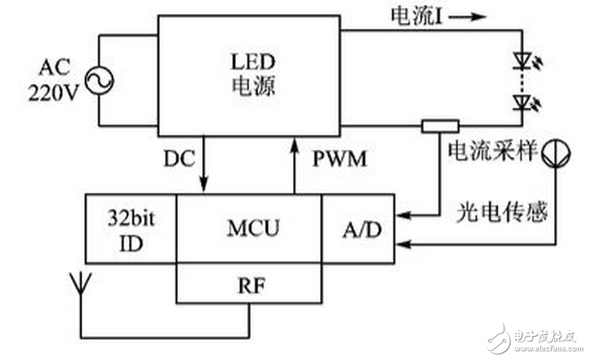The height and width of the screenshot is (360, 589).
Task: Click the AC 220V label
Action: (54, 81)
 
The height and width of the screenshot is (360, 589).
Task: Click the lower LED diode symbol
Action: (523, 105)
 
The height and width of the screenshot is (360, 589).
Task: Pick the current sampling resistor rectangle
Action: (439, 126)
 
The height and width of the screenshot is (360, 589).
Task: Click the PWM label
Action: (340, 160)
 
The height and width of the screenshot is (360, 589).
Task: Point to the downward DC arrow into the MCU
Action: (204, 166)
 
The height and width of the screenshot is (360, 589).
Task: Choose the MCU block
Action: (249, 228)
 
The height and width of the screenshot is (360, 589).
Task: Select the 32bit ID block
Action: (130, 228)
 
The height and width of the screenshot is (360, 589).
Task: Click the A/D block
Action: (357, 228)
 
